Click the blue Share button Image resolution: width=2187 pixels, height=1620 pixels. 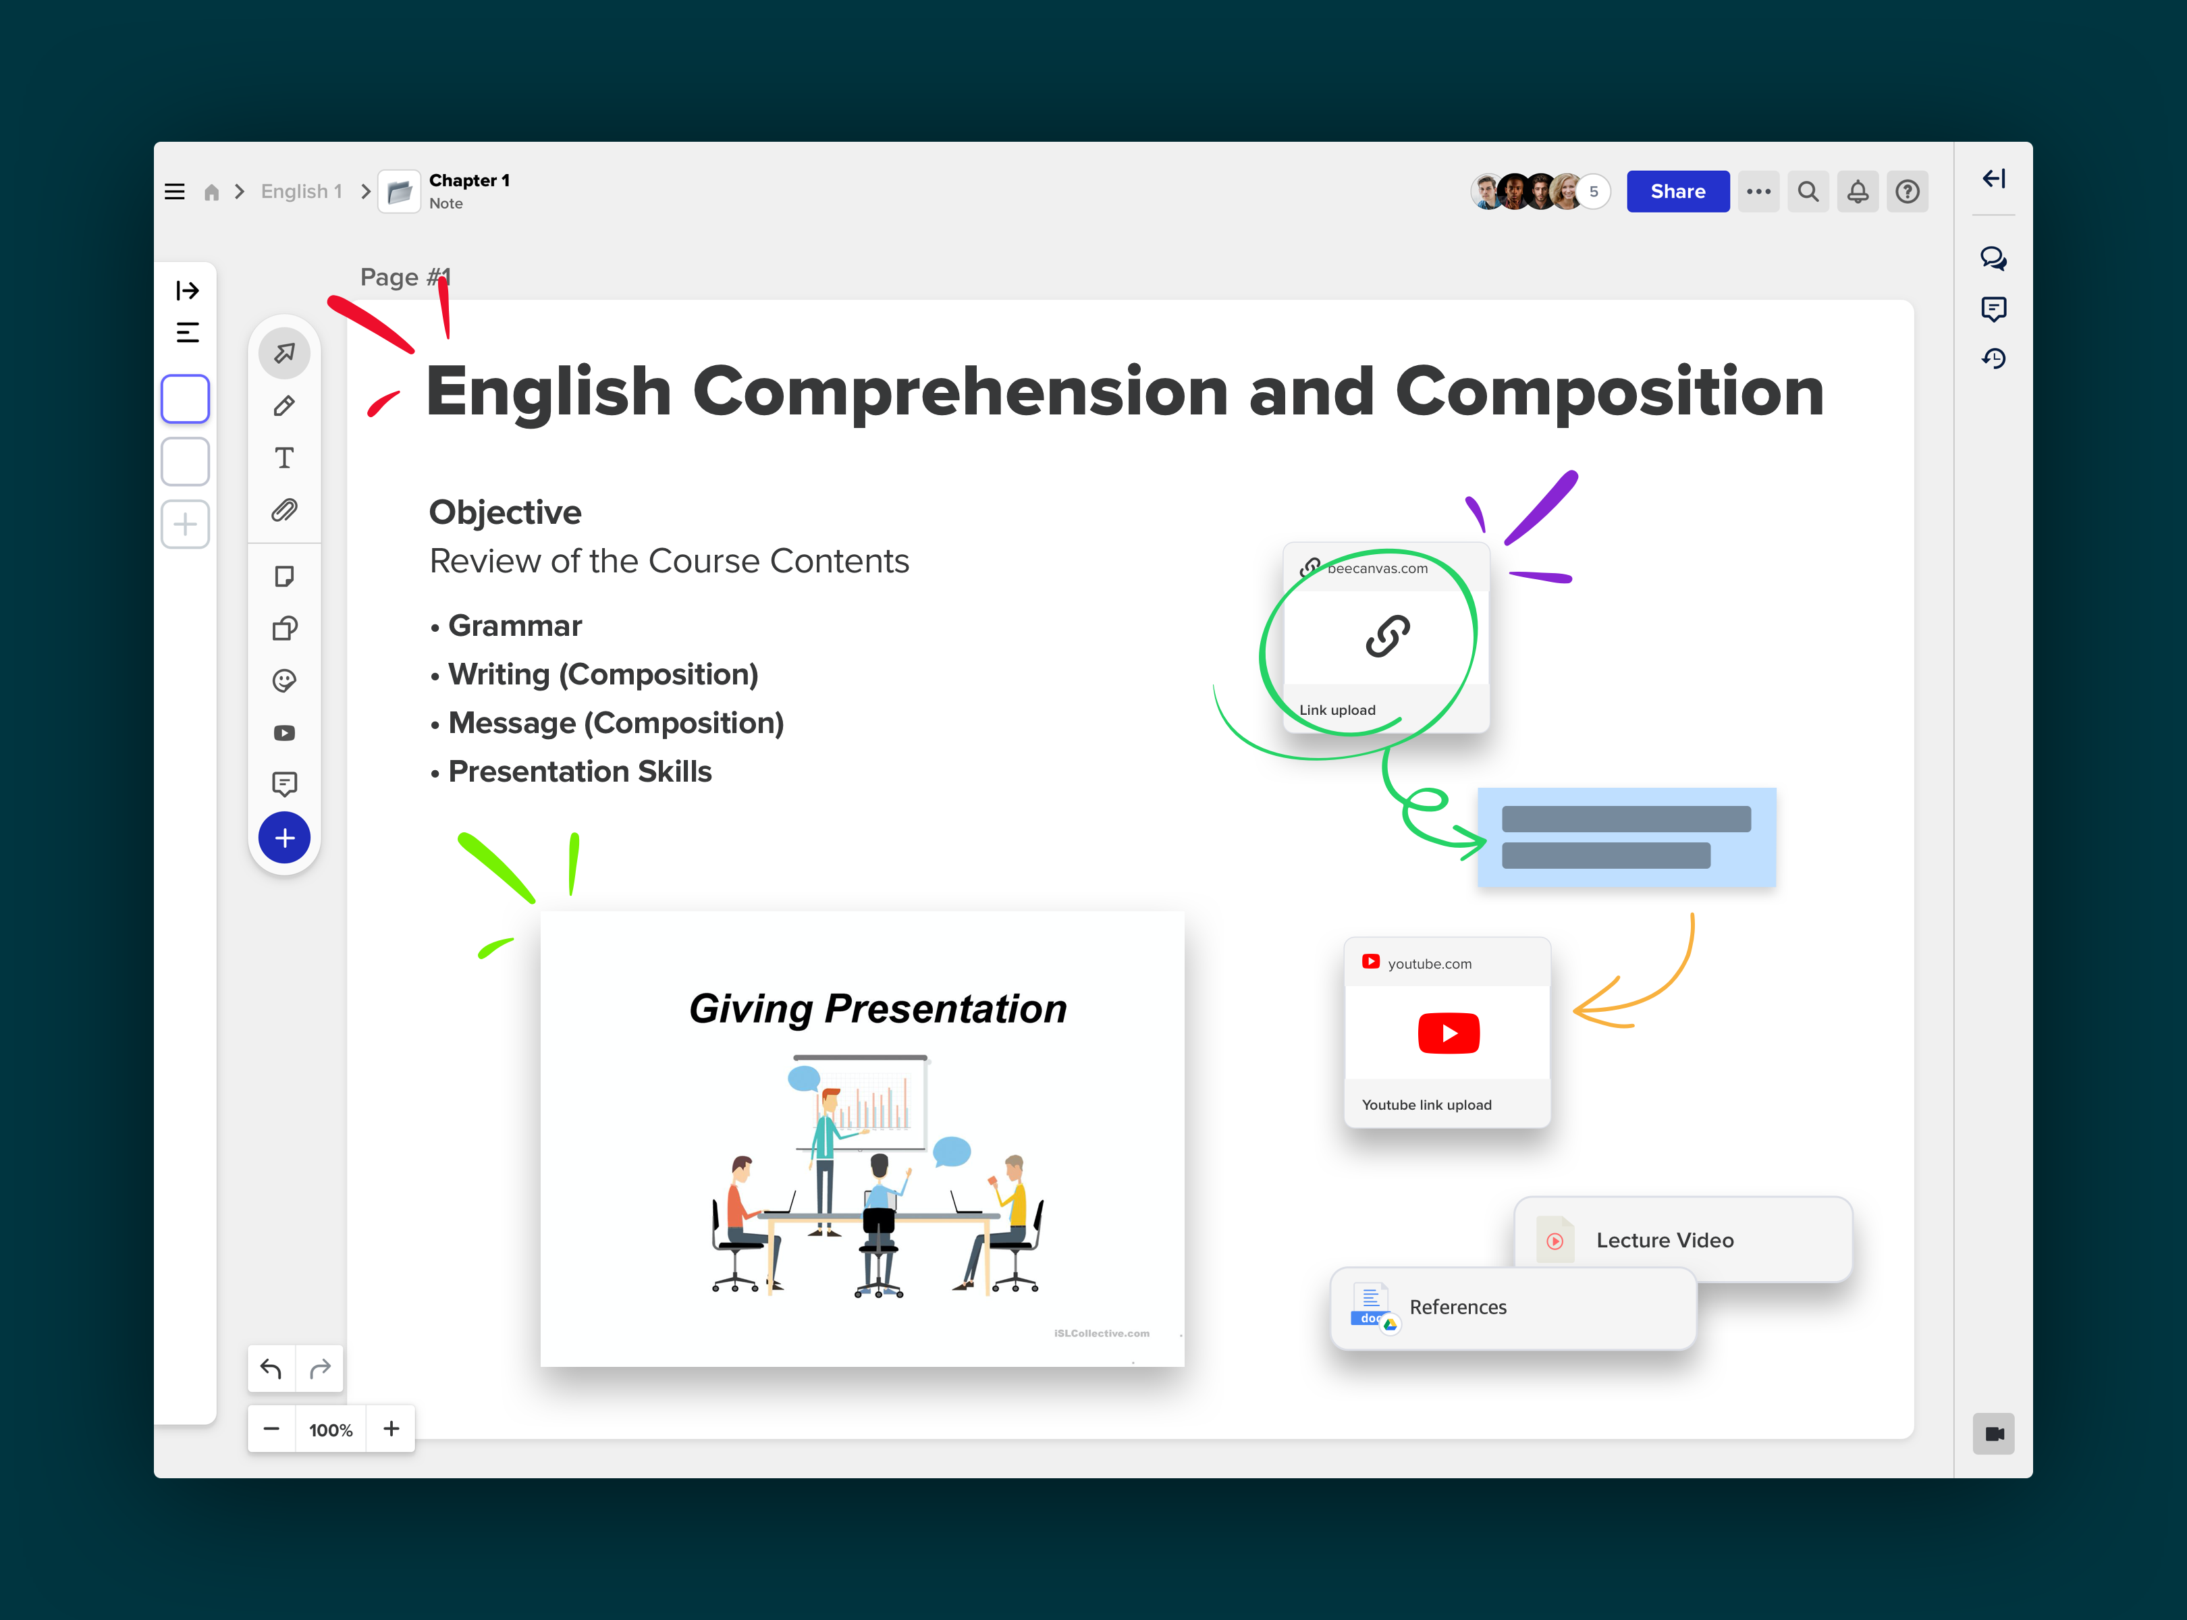[x=1677, y=191]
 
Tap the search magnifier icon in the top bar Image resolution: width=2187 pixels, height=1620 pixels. [x=1808, y=191]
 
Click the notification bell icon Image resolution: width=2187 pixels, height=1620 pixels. [x=1858, y=191]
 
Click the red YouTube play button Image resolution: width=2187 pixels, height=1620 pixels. [x=1449, y=1033]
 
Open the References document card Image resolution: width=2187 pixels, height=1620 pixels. [x=1513, y=1308]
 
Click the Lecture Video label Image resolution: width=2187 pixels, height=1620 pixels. [x=1665, y=1241]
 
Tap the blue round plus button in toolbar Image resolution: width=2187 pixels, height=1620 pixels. [x=284, y=838]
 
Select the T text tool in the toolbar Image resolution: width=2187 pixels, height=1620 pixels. [x=284, y=458]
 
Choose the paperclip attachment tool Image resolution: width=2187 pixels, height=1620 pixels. [x=284, y=510]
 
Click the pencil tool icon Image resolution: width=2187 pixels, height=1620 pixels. [x=284, y=405]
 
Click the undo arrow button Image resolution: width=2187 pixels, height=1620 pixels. [x=271, y=1368]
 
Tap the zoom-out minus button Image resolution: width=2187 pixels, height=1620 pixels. [x=271, y=1429]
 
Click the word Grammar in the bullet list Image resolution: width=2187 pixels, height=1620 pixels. [x=515, y=626]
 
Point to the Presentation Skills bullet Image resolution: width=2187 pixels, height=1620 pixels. [x=580, y=772]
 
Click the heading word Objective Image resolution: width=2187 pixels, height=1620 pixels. [x=505, y=512]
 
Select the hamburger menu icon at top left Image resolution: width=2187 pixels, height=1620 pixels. [x=175, y=191]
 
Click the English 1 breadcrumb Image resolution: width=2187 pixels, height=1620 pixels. [x=301, y=191]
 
